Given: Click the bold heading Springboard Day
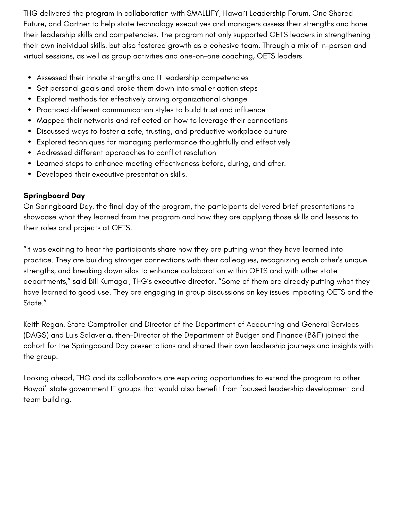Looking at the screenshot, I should click(x=54, y=196).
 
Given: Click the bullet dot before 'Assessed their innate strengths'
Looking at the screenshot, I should click(x=30, y=78).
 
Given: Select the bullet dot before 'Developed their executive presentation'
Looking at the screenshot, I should click(x=30, y=174).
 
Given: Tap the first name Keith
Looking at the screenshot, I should click(x=32, y=324).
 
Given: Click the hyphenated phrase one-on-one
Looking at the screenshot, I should click(x=200, y=56).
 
